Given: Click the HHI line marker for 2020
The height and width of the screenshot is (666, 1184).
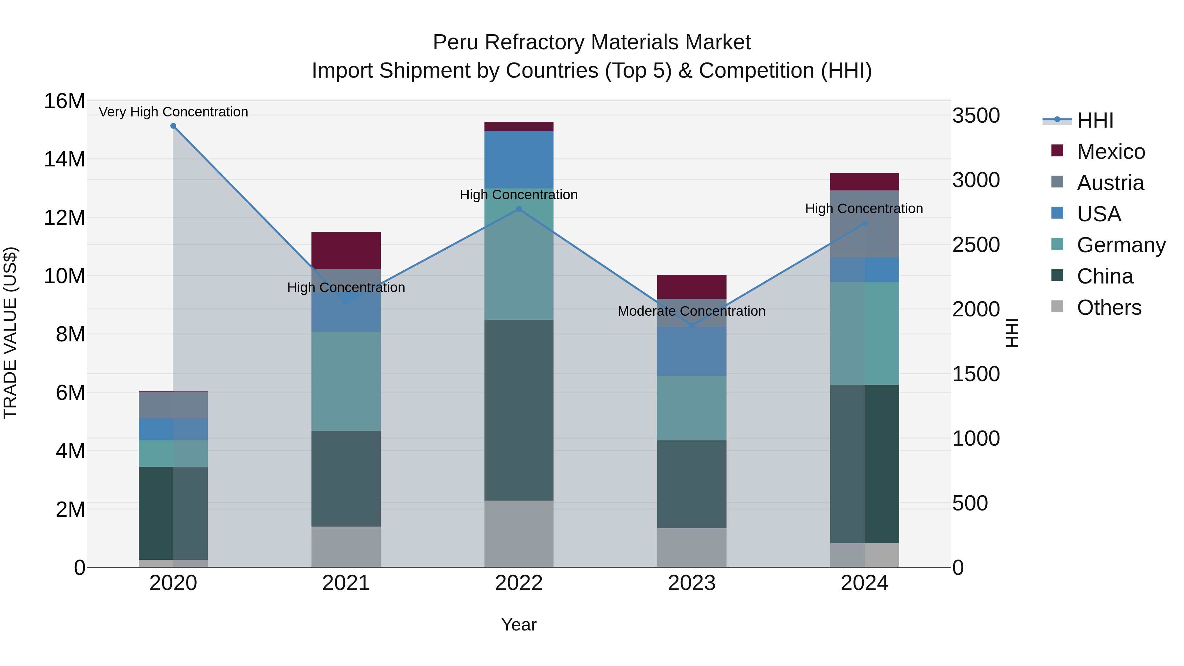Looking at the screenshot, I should [173, 126].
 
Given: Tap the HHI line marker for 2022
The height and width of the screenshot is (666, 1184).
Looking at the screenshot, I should [519, 209].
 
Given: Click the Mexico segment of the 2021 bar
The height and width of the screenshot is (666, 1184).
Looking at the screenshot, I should [346, 251].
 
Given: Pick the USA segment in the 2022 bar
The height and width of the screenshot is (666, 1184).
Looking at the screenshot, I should [519, 160].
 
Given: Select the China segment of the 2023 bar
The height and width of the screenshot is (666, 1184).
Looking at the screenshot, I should [692, 484].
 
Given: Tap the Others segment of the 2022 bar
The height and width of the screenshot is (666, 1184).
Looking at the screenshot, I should [519, 534].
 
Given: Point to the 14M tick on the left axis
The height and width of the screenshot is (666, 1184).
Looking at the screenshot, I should [64, 160].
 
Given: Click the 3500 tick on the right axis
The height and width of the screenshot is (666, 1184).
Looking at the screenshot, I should [976, 115].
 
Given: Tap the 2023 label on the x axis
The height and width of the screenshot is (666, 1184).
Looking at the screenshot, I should [692, 583].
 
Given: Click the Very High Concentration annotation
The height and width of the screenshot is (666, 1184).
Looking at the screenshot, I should [173, 112].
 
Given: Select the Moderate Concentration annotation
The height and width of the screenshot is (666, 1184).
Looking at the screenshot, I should [692, 311].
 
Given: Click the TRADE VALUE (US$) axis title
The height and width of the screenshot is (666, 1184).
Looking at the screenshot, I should [10, 333].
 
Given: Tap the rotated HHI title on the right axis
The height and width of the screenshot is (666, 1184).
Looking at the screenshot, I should [1012, 333].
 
